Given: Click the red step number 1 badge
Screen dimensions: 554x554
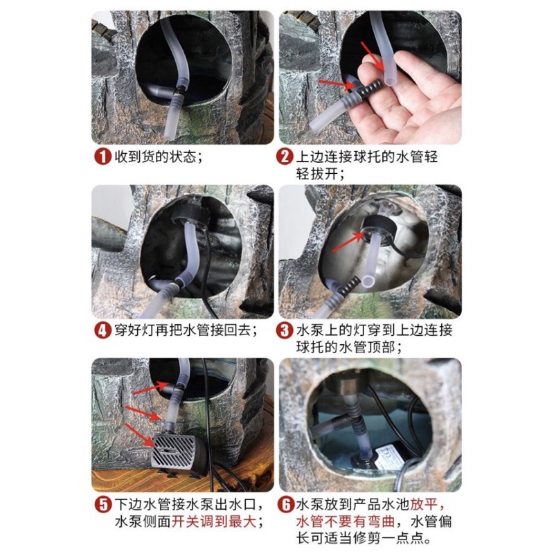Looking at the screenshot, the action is click(102, 157).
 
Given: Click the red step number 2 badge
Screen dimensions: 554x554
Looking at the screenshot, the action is click(285, 157).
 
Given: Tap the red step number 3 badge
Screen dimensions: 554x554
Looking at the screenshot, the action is click(285, 331).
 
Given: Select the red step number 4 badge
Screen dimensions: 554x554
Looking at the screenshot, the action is click(102, 331).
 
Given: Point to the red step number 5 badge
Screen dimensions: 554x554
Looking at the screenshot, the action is click(102, 505).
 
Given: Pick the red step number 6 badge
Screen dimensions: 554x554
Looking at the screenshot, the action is click(285, 505).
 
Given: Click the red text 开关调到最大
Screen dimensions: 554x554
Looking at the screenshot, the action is click(214, 521).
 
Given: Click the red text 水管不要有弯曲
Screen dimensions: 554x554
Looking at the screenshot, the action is click(346, 521).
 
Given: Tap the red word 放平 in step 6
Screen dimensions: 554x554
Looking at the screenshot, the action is click(424, 505).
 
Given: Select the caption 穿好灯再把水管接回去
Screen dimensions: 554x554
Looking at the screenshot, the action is click(183, 331).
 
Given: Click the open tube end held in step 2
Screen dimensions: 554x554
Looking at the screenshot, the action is click(390, 81).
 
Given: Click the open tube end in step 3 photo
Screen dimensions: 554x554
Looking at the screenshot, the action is click(368, 282).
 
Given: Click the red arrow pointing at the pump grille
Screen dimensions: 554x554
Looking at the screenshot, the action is click(139, 436).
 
